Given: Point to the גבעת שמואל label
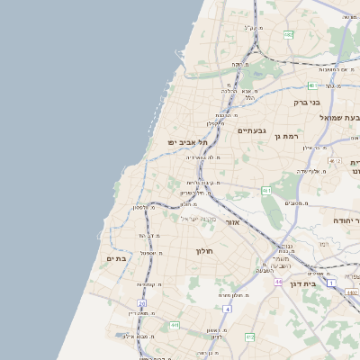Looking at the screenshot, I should click(x=339, y=118).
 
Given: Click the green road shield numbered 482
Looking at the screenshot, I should click(x=288, y=34).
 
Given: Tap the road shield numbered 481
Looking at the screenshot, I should click(x=312, y=85).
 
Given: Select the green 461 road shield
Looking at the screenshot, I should click(x=266, y=191).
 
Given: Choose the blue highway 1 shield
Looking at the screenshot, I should click(x=330, y=283).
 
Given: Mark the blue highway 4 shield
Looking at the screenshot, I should click(x=229, y=310).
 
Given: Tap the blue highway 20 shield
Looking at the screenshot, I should click(x=141, y=304).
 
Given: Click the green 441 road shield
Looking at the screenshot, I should click(x=175, y=325).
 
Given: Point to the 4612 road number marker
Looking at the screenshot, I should click(x=336, y=161).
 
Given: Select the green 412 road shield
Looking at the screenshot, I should click(x=249, y=337).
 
